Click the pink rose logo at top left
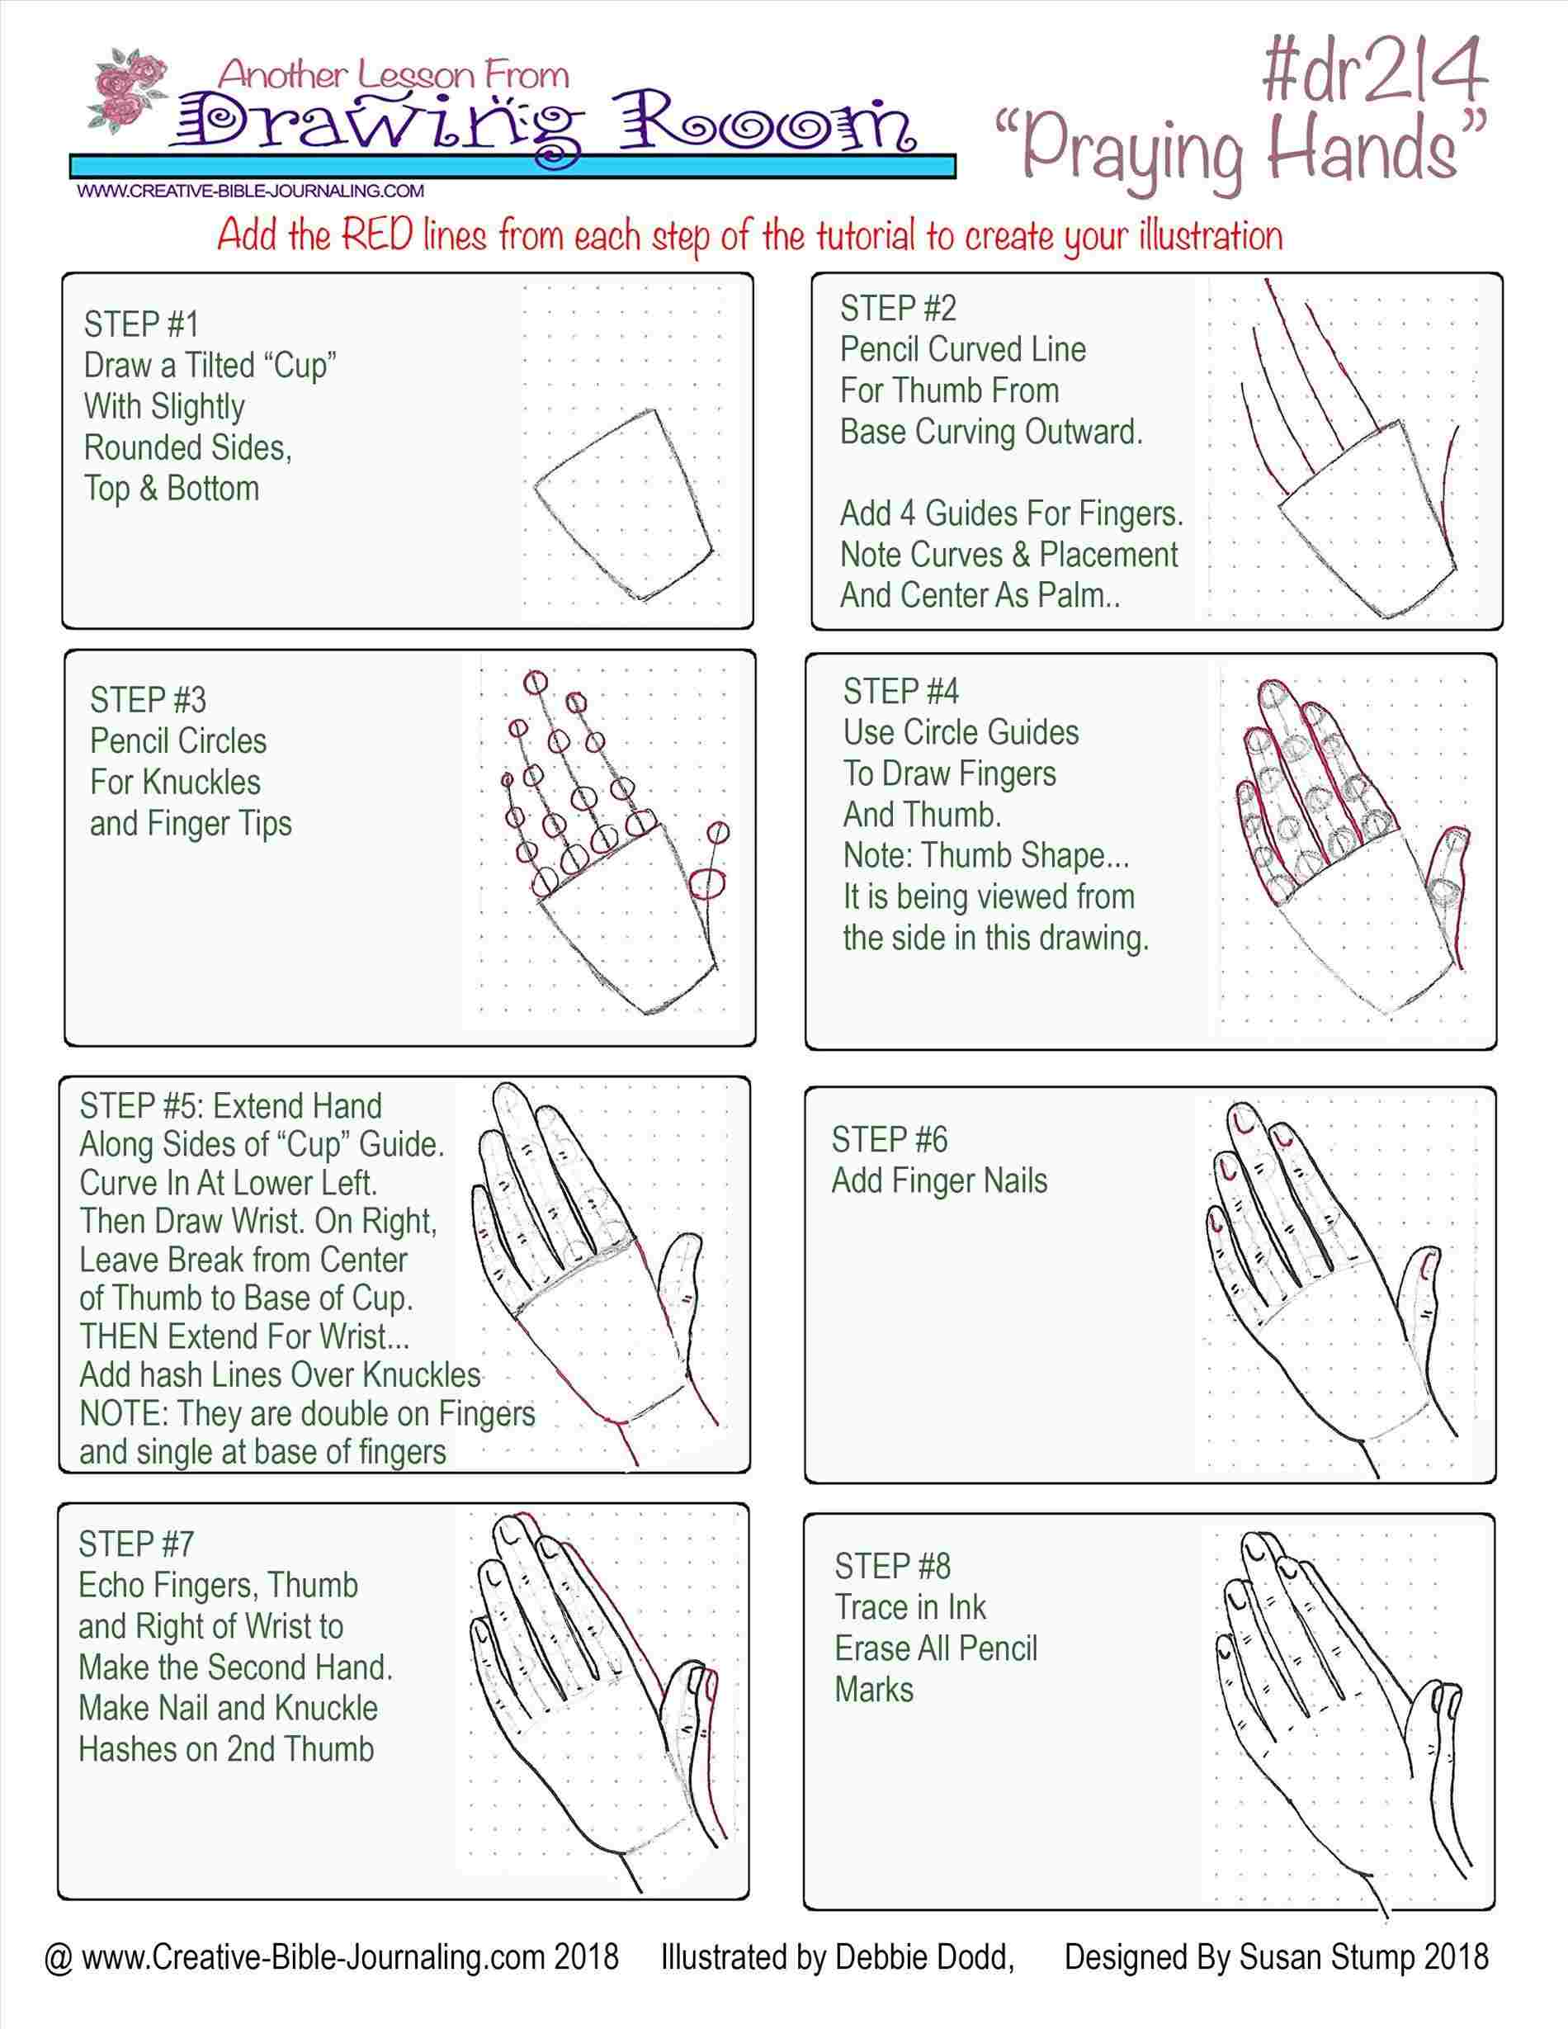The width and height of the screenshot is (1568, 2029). (131, 93)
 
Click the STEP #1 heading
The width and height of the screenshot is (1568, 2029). (141, 324)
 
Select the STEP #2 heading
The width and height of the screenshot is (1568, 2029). (897, 308)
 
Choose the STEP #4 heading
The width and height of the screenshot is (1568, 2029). (900, 691)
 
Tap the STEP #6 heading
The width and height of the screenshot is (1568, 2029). (889, 1139)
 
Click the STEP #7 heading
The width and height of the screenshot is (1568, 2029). (135, 1544)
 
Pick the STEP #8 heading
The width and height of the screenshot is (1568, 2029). (892, 1567)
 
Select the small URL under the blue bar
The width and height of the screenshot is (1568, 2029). (251, 192)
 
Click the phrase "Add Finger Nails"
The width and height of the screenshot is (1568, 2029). (938, 1180)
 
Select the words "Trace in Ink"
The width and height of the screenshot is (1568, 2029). (909, 1607)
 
